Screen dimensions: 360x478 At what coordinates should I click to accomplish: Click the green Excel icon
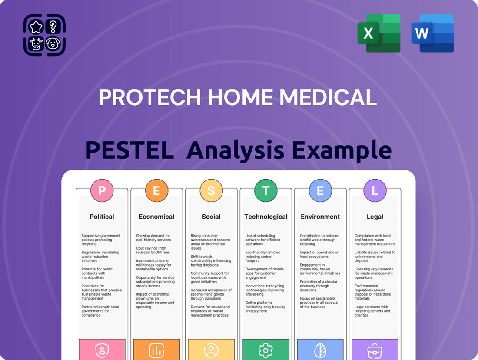[x=378, y=33]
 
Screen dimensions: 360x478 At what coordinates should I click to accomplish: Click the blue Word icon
[x=432, y=33]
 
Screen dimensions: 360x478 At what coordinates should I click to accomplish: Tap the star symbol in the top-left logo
[x=36, y=27]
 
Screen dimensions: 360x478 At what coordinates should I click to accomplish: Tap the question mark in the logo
[x=53, y=27]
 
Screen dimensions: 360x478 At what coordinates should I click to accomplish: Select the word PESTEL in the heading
[x=129, y=150]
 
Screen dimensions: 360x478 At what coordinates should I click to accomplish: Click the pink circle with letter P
[x=102, y=191]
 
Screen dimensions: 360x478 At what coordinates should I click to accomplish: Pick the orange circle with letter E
[x=156, y=191]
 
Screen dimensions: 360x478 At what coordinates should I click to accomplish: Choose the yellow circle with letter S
[x=211, y=191]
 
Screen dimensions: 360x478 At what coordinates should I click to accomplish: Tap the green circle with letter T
[x=266, y=191]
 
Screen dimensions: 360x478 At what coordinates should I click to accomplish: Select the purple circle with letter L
[x=375, y=191]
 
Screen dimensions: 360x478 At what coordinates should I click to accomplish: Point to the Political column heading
[x=102, y=217]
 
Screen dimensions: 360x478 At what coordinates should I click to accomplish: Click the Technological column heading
[x=266, y=217]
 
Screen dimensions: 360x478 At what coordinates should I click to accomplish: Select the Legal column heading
[x=375, y=217]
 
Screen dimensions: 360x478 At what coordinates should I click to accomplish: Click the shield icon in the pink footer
[x=102, y=350]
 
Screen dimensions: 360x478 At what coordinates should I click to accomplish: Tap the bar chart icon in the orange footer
[x=156, y=350]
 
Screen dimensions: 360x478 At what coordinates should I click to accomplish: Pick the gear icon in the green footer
[x=266, y=350]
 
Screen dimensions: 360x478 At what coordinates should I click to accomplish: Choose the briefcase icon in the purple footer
[x=375, y=350]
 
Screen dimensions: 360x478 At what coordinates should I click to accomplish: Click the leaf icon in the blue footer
[x=320, y=350]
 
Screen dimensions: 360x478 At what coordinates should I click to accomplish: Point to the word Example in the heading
[x=342, y=150]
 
